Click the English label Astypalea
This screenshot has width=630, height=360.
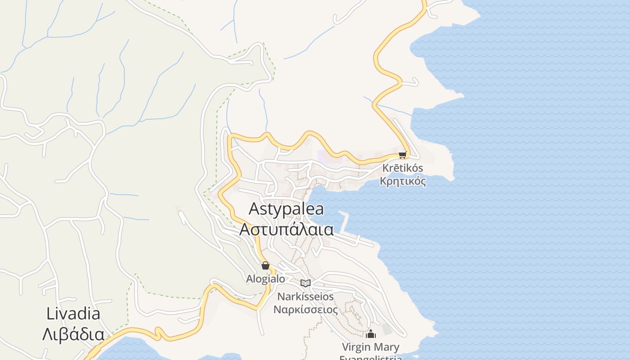[286, 209]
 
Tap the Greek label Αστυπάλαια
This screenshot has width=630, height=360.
[286, 229]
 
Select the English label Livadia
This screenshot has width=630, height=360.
[73, 314]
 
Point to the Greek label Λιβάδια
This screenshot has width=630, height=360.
[73, 334]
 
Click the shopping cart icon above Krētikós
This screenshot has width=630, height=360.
[402, 155]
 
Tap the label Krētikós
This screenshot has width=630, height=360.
[402, 168]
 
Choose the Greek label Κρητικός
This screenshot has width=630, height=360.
[403, 181]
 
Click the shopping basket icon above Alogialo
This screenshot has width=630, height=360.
[265, 265]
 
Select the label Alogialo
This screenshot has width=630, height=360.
[265, 279]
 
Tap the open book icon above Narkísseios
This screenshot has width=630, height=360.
[306, 283]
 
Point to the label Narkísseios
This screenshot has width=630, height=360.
[306, 297]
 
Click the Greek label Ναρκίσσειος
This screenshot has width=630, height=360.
[306, 310]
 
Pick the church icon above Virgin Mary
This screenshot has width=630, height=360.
[371, 334]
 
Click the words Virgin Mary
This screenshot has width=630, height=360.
[370, 347]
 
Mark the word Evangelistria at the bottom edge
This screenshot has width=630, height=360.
[370, 358]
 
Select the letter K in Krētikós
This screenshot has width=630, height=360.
[385, 168]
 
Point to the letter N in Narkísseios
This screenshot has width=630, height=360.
[281, 297]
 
